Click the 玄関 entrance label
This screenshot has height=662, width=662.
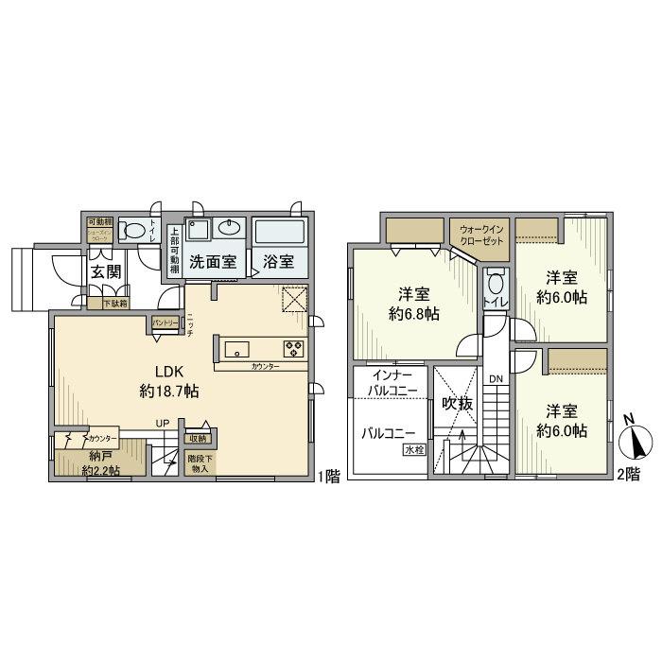point(105,271)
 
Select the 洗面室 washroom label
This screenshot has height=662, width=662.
point(212,261)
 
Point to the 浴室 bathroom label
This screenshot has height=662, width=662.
point(278,261)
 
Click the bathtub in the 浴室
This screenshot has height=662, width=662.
point(278,232)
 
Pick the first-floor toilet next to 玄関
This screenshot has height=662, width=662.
point(138,229)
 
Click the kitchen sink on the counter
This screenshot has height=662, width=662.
point(235,345)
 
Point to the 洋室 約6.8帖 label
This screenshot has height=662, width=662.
point(414,304)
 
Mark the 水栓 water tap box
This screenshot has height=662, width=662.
point(414,450)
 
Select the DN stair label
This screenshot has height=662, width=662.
point(496,380)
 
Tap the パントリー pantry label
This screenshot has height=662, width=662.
point(165,322)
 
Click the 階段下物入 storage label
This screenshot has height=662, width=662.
point(200,463)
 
